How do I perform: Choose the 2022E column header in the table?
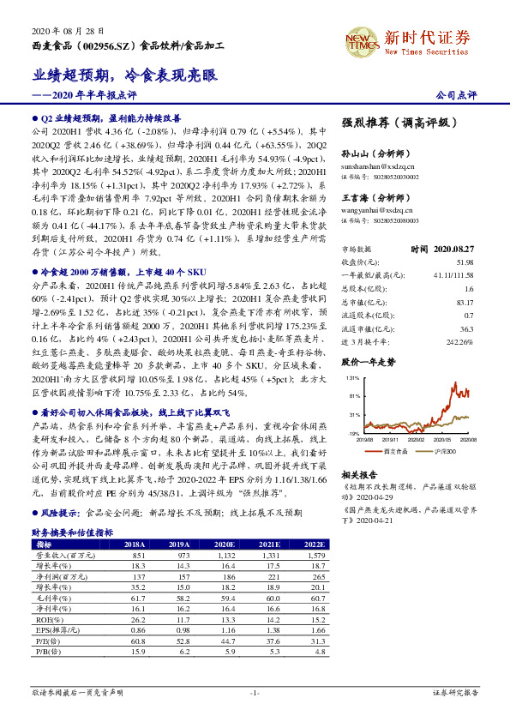[x=314, y=544]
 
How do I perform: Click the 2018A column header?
[x=135, y=544]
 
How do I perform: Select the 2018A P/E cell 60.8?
[x=135, y=641]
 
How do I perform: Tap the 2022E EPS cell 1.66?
[x=314, y=630]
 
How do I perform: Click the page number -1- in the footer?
[x=255, y=691]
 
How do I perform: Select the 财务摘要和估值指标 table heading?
[x=72, y=532]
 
